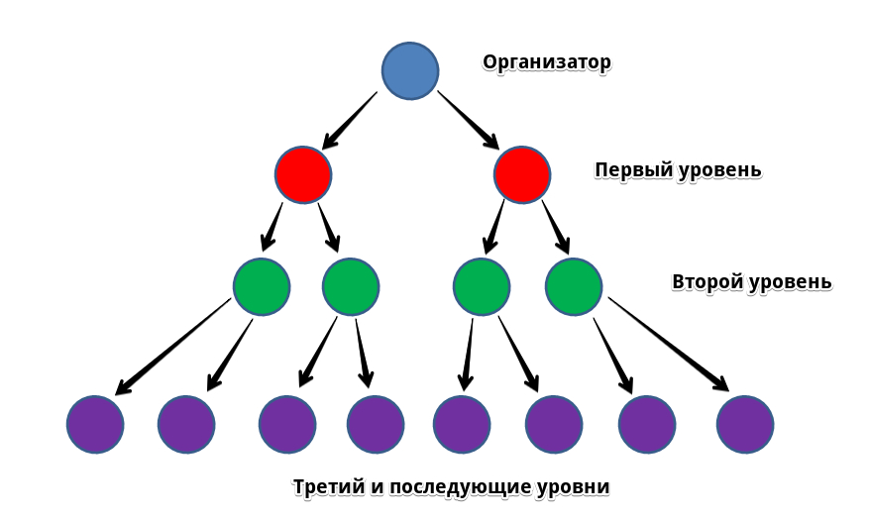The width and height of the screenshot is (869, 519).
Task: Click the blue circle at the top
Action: pyautogui.click(x=410, y=70)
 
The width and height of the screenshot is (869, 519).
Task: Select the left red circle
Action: pyautogui.click(x=303, y=174)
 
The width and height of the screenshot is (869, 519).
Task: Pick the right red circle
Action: pyautogui.click(x=522, y=174)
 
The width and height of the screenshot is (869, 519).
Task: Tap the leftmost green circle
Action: pyautogui.click(x=262, y=286)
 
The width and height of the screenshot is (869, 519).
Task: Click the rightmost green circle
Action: pyautogui.click(x=574, y=286)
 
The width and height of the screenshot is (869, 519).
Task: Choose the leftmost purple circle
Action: pyautogui.click(x=95, y=424)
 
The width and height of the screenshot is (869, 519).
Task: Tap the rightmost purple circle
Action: pyautogui.click(x=745, y=424)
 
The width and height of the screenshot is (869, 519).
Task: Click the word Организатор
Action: pyautogui.click(x=547, y=62)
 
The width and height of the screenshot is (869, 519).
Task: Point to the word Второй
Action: pyautogui.click(x=706, y=282)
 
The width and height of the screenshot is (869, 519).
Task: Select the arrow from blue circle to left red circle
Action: pyautogui.click(x=350, y=120)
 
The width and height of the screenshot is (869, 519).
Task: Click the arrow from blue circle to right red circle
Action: pyautogui.click(x=468, y=120)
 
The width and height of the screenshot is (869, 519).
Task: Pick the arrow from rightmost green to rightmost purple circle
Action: pyautogui.click(x=668, y=344)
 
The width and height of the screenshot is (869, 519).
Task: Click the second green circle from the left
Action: pyautogui.click(x=351, y=286)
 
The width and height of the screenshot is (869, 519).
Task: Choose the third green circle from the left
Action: pyautogui.click(x=482, y=286)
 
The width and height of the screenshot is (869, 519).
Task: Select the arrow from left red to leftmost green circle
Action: pyautogui.click(x=272, y=227)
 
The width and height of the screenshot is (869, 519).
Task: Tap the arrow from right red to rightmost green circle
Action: pyautogui.click(x=555, y=227)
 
